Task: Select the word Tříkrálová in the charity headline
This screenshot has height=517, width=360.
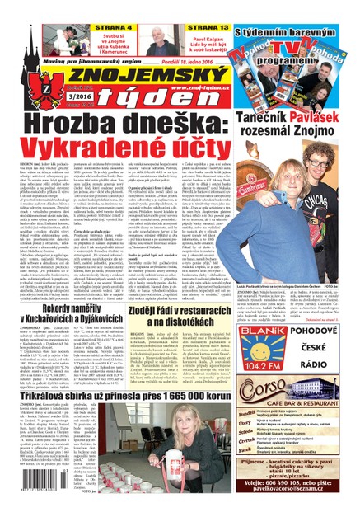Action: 49,389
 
